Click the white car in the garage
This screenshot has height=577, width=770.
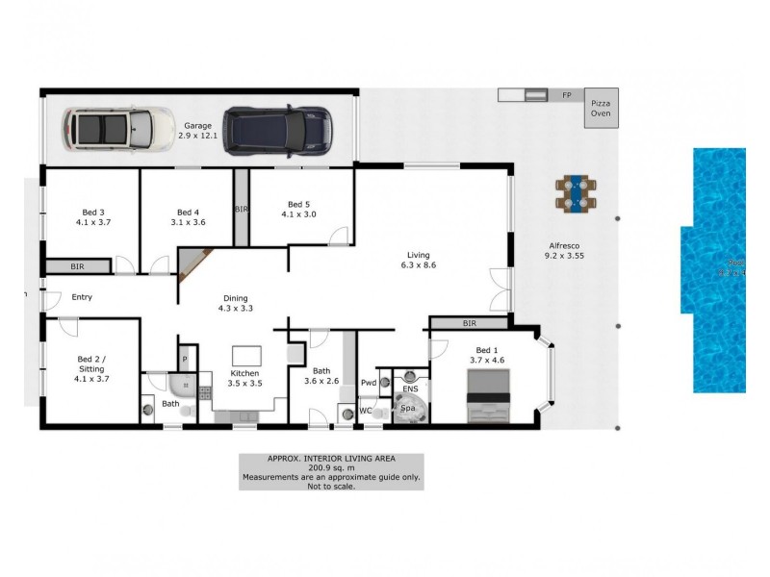107,128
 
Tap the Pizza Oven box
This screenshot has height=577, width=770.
600,108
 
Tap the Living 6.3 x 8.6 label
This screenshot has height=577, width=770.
419,260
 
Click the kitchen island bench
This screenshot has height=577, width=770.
247,355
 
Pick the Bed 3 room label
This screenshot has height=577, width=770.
92,216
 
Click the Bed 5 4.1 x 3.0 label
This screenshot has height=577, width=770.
297,209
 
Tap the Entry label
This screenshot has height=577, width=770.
81,297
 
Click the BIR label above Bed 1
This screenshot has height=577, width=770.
469,324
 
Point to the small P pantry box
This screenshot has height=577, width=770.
183,360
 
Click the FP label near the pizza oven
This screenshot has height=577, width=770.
566,95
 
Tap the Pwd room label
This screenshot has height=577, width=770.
368,383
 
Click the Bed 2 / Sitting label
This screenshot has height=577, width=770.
92,370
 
